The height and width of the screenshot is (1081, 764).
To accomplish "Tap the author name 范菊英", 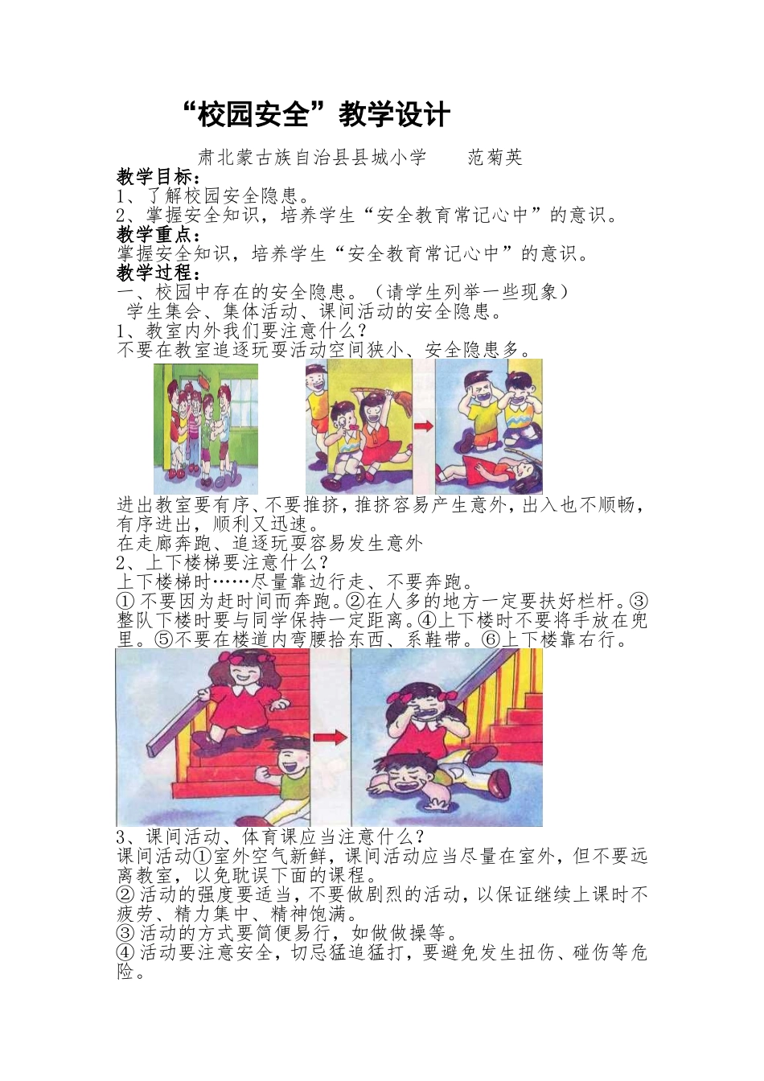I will point(495,158).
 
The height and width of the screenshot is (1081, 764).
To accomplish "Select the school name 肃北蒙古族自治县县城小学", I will point(312,158).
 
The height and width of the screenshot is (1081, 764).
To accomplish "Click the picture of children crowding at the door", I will point(206,427).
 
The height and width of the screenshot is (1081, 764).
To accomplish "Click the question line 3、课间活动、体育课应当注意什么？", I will point(270,836).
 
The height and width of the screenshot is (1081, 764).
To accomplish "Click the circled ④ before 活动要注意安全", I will point(125,954).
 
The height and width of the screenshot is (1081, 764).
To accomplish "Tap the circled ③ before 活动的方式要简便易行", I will point(125,934).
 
